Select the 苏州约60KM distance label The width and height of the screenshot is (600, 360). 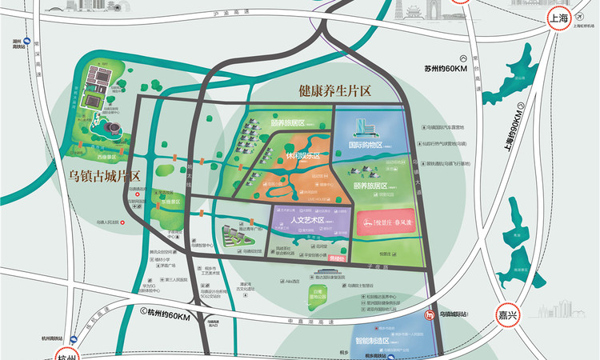446,70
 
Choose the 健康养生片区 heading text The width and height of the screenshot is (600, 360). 335,92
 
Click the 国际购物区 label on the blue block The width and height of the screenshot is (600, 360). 366,146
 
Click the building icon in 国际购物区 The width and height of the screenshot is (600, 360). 362,125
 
